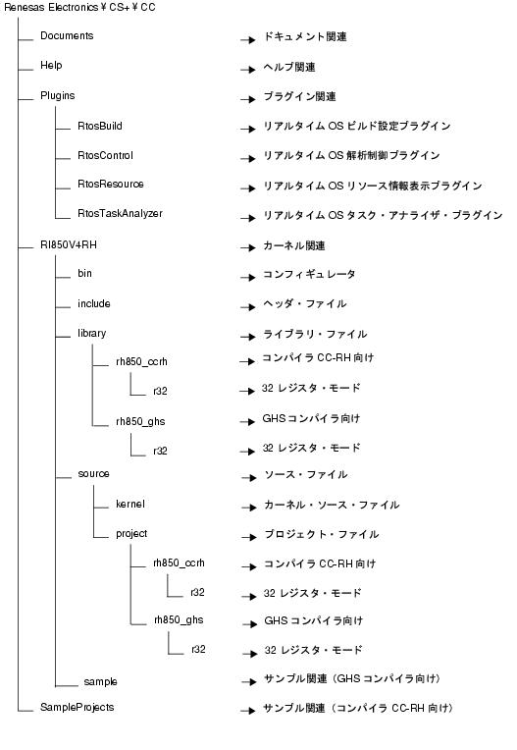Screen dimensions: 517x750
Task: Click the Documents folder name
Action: pyautogui.click(x=67, y=36)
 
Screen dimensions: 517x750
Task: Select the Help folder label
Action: pyautogui.click(x=51, y=66)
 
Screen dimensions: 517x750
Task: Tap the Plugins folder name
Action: pyautogui.click(x=57, y=95)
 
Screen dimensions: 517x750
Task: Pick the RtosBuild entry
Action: pyautogui.click(x=100, y=126)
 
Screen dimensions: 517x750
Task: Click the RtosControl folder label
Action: pyautogui.click(x=105, y=155)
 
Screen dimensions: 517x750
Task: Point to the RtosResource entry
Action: pyautogui.click(x=111, y=185)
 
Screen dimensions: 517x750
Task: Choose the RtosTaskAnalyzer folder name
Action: pyautogui.click(x=120, y=214)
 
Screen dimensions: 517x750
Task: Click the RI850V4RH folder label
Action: pyautogui.click(x=69, y=244)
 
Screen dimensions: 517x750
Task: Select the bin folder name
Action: pyautogui.click(x=84, y=273)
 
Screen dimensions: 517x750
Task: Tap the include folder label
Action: pyautogui.click(x=93, y=303)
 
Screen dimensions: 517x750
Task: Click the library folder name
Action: pyautogui.click(x=92, y=334)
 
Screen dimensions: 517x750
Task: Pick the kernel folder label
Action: pyautogui.click(x=129, y=505)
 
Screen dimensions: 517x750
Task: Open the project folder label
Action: pyautogui.click(x=131, y=534)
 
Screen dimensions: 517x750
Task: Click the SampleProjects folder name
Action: pyautogui.click(x=77, y=708)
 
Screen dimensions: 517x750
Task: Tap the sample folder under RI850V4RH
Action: pyautogui.click(x=100, y=682)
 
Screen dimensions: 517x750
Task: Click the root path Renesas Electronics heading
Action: pyautogui.click(x=79, y=8)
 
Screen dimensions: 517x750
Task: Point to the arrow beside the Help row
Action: pyautogui.click(x=248, y=70)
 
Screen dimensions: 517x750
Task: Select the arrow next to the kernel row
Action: pyautogui.click(x=249, y=508)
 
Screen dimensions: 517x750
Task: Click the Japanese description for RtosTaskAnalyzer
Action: pyautogui.click(x=383, y=215)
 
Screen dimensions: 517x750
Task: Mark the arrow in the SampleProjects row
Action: pyautogui.click(x=248, y=711)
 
